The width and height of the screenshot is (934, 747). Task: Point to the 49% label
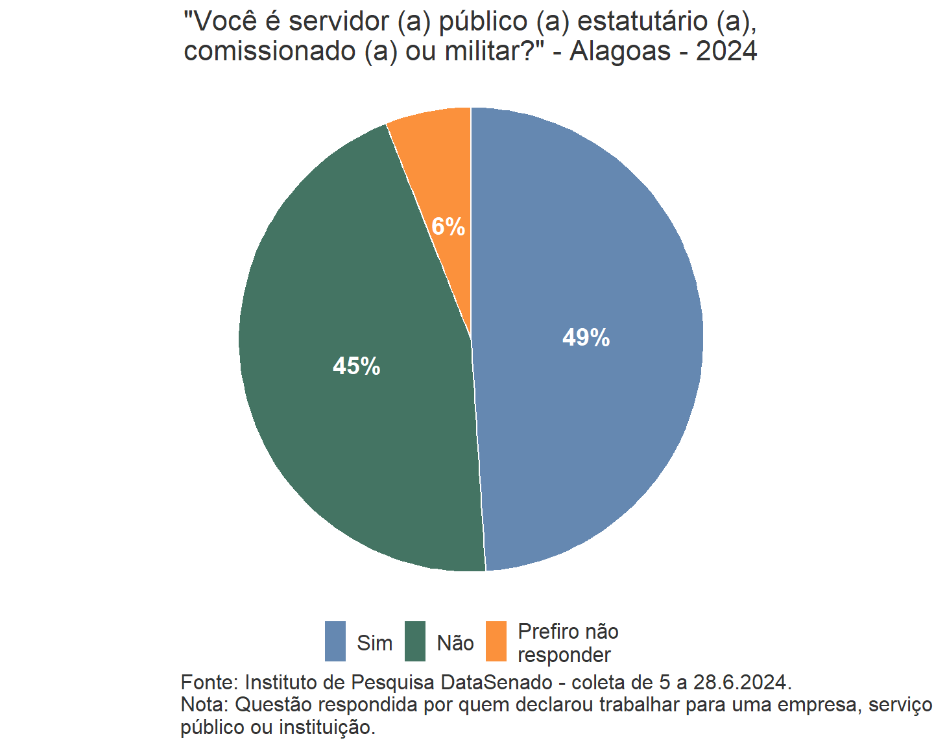586,338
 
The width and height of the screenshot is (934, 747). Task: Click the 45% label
356,366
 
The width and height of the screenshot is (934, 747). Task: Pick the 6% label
448,227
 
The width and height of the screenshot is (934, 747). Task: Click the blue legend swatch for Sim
335,641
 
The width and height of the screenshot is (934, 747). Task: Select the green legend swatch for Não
415,641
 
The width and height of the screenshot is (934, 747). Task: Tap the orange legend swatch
496,641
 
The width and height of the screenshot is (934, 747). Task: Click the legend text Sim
374,643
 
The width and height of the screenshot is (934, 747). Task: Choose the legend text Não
455,643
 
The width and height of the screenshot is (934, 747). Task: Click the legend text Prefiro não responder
568,643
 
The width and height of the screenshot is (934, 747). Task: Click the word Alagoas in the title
620,51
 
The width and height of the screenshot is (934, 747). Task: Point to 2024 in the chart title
726,51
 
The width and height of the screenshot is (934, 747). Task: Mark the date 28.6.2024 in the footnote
742,683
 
